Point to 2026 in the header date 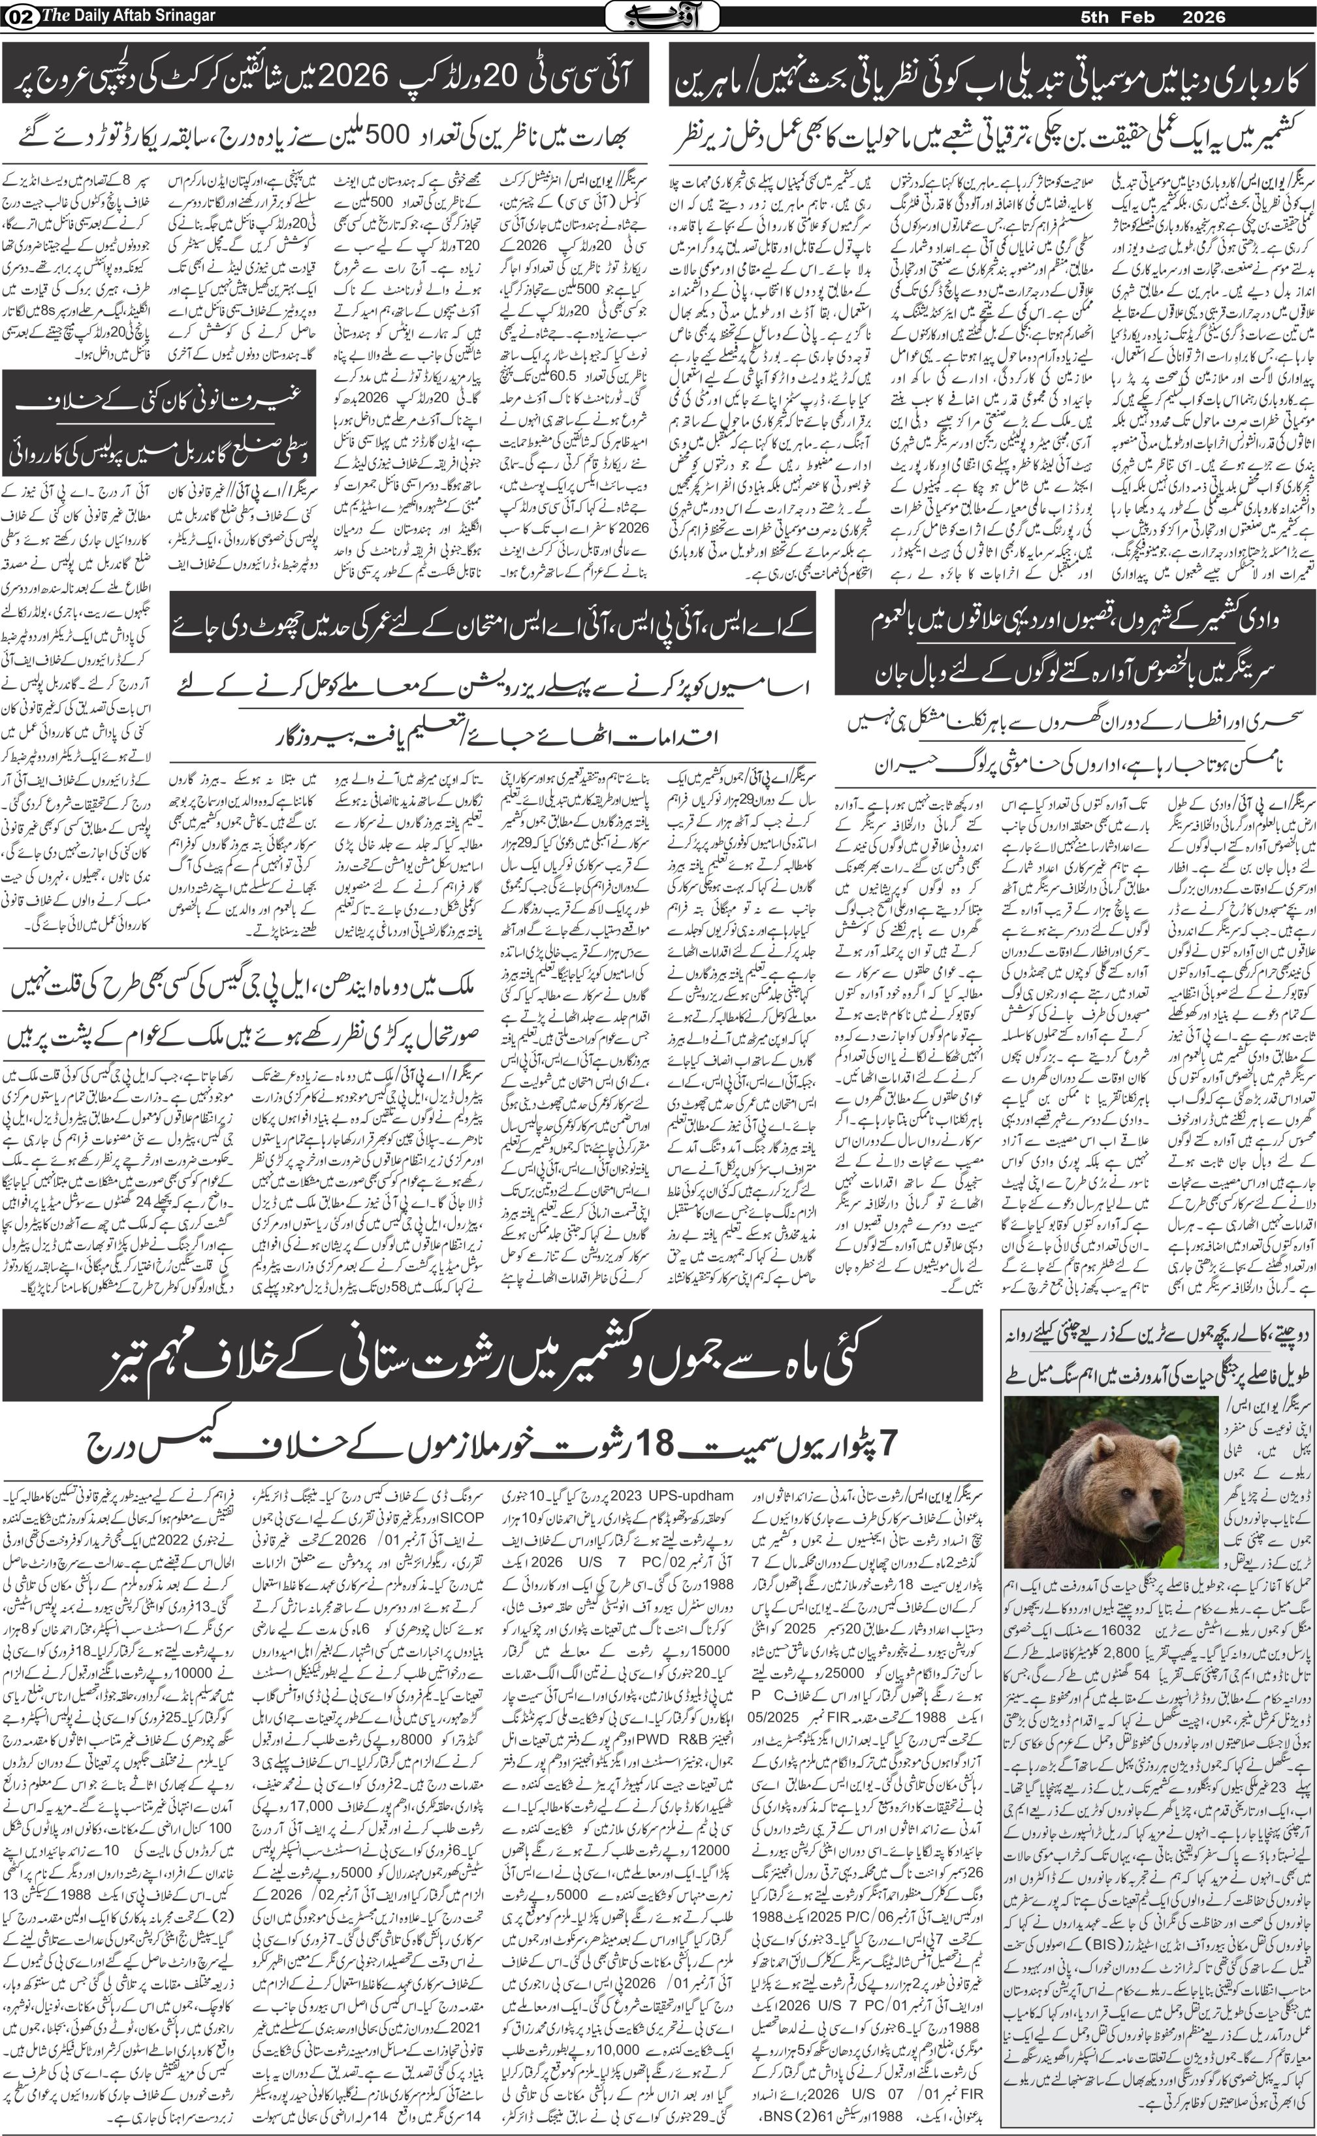tap(1204, 16)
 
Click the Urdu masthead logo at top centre tap(662, 16)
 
